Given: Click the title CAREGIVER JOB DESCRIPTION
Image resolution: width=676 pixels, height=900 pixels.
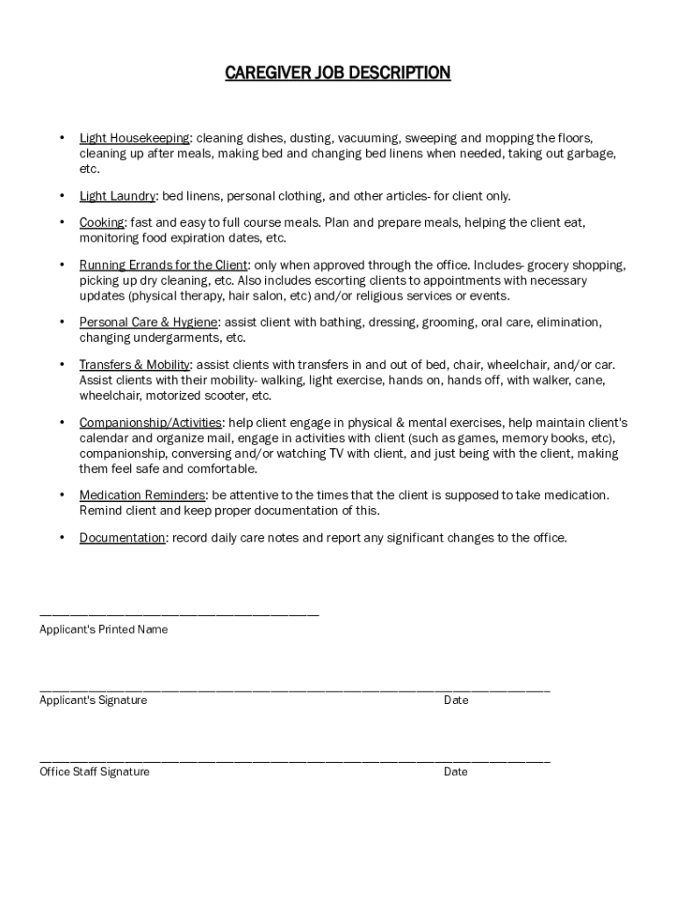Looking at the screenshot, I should point(338,73).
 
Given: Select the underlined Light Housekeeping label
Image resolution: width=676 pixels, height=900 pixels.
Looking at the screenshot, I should point(134,138).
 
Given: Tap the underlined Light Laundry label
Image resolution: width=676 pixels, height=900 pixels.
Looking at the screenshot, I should point(118,195).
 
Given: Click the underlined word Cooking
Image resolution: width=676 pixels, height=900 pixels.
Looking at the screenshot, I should point(102,223).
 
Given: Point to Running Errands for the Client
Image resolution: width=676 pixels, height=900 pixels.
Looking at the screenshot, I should point(163,265).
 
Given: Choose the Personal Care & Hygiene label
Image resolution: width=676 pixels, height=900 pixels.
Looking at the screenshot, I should point(148,323).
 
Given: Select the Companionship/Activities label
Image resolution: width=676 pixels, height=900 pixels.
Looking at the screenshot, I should point(150,423).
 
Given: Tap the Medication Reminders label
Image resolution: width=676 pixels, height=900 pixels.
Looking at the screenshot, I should point(142,496).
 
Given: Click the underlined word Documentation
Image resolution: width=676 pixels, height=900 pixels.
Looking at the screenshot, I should point(122,538).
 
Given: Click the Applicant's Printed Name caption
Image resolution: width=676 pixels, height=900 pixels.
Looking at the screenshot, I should point(104,629).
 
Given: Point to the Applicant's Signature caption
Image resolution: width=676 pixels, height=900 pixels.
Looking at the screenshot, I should point(93,700).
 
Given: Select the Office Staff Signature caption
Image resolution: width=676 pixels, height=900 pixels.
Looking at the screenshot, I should point(95,772).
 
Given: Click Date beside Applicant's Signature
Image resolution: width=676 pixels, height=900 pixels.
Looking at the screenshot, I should point(456,700).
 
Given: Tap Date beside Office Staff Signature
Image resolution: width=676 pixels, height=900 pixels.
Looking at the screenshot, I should point(456,772).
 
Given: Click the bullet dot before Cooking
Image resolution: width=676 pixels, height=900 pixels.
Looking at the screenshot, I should point(61,223).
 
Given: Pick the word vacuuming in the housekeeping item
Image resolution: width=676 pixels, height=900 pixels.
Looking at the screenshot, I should point(368,138).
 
